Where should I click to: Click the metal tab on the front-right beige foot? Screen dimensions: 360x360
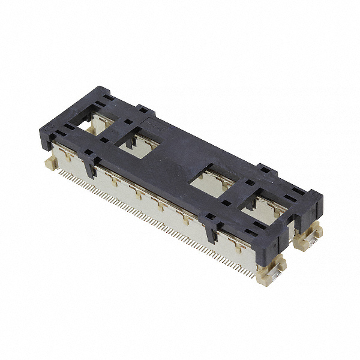pyautogui.click(x=271, y=278)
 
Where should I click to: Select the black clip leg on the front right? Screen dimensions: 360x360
pyautogui.click(x=211, y=227)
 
